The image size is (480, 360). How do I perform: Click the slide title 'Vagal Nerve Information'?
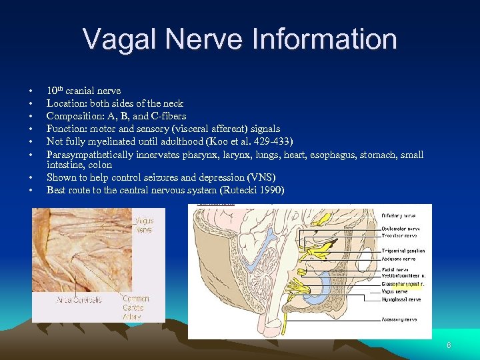pyautogui.click(x=240, y=39)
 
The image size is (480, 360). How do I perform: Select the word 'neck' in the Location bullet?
pyautogui.click(x=171, y=103)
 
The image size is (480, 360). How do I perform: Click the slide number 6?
pyautogui.click(x=449, y=345)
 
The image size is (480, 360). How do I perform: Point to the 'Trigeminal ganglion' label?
pyautogui.click(x=403, y=251)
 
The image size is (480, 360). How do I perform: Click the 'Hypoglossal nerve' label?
pyautogui.click(x=401, y=299)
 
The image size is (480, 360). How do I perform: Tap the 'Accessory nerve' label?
pyautogui.click(x=399, y=319)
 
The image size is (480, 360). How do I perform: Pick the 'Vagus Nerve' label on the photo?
pyautogui.click(x=143, y=225)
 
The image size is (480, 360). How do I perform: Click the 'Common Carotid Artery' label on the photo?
pyautogui.click(x=136, y=308)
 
